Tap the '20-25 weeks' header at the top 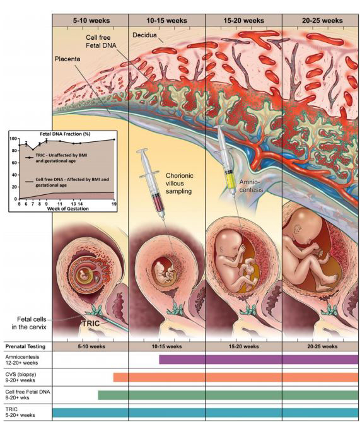coord(320,20)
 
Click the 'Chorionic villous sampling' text coord(183,183)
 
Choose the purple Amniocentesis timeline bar coord(258,360)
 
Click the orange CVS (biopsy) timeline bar coord(236,377)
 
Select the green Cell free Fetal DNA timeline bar coord(228,395)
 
